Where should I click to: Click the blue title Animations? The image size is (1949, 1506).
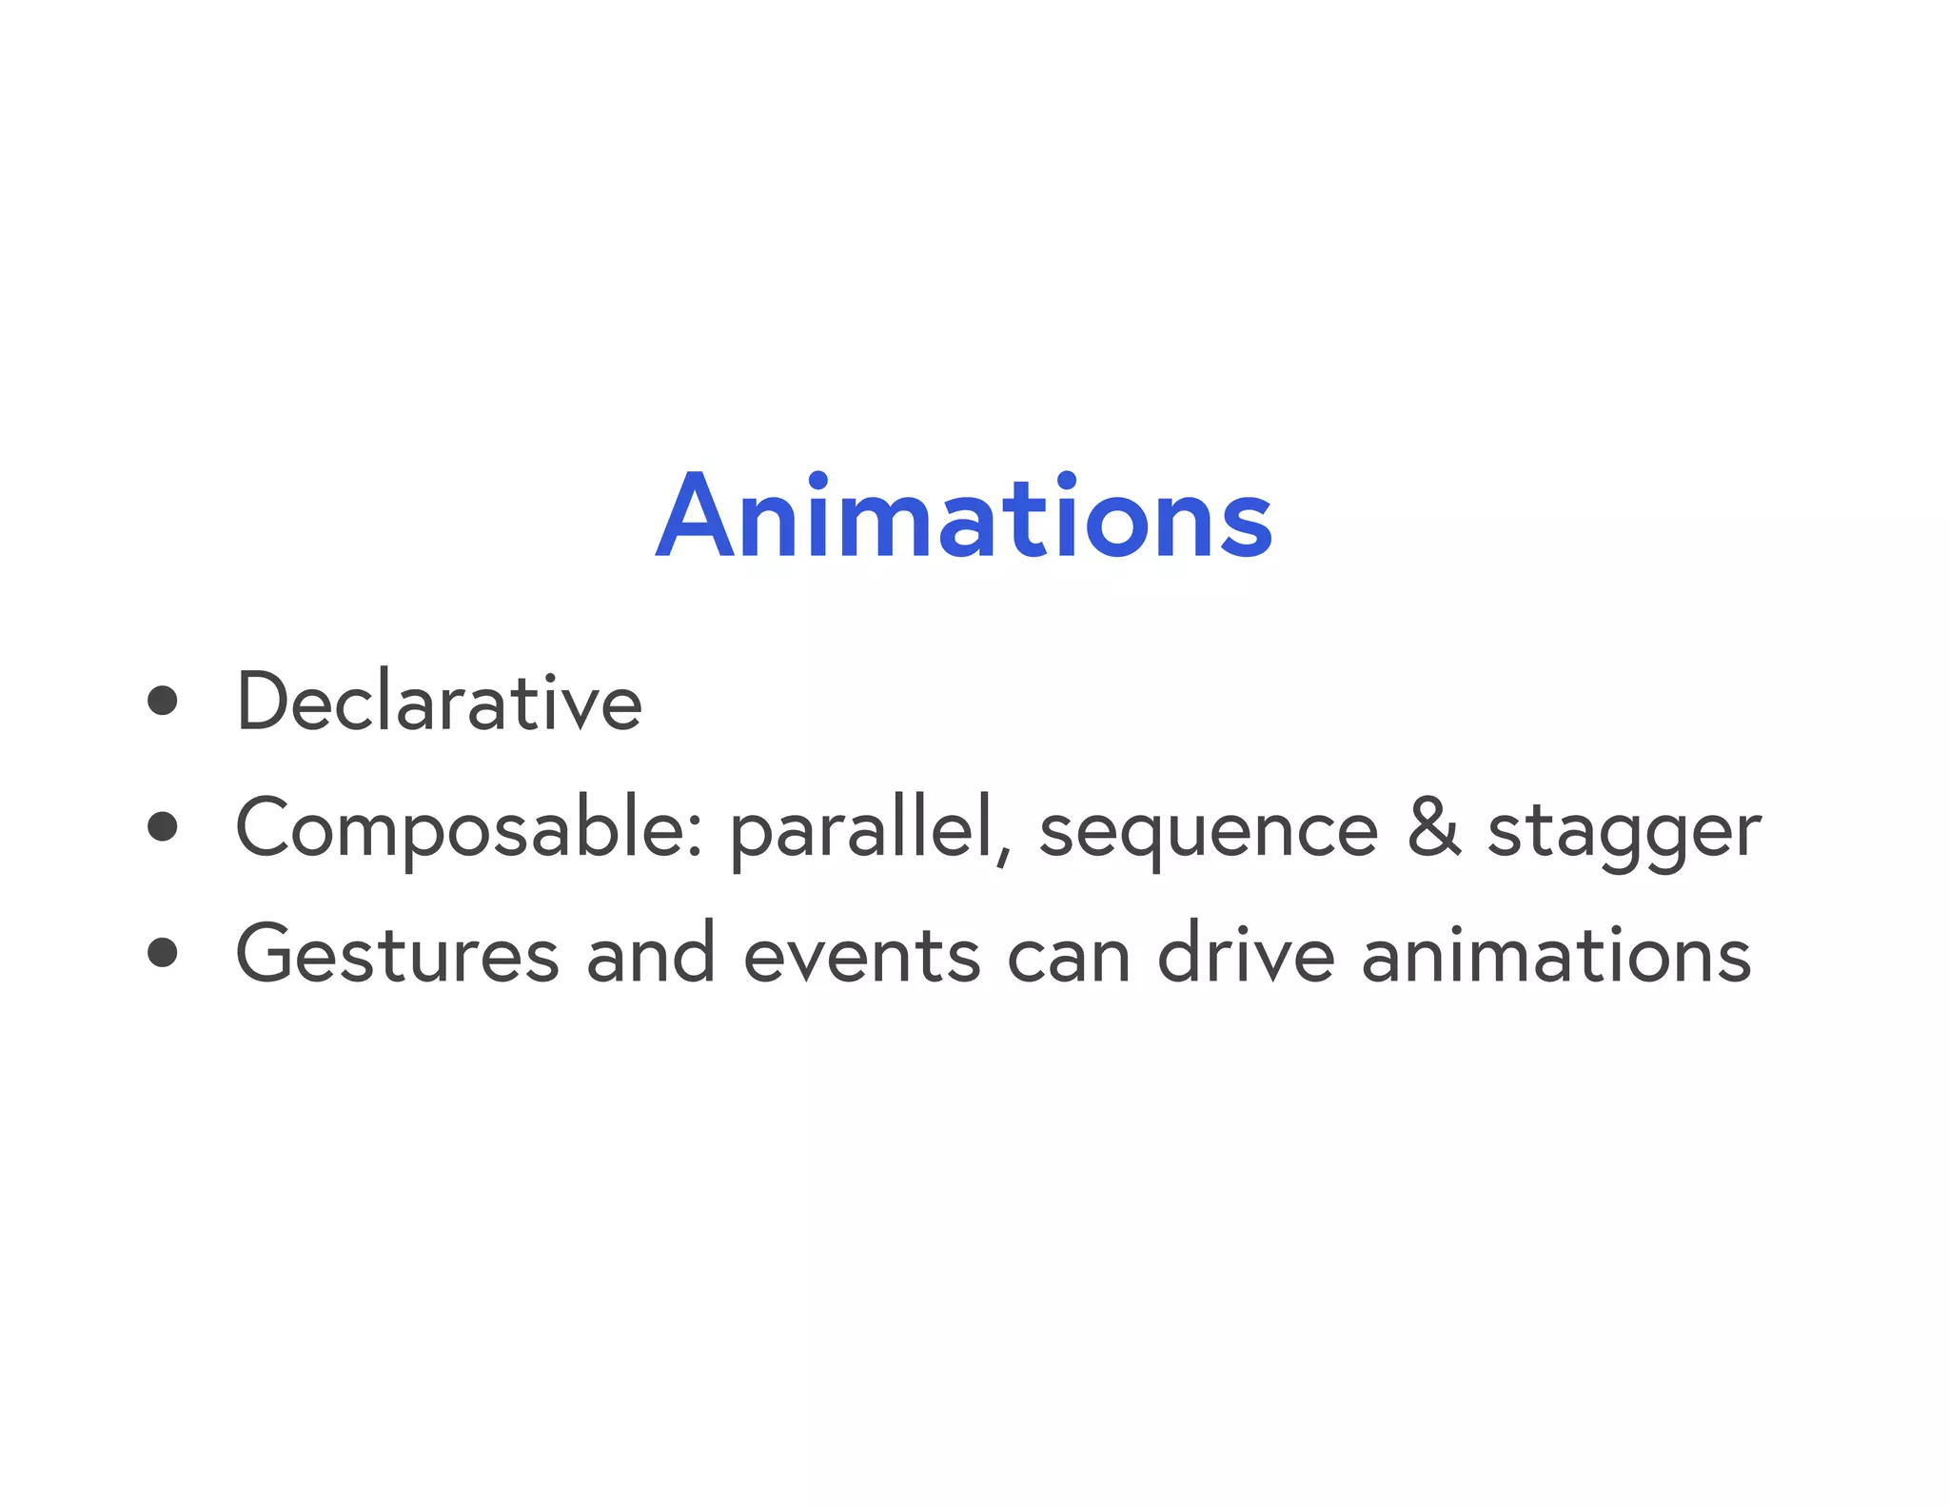tap(964, 516)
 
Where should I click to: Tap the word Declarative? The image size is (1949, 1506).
tap(439, 702)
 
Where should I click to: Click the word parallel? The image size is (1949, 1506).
tap(862, 828)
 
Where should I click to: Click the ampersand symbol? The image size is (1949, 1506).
tap(1434, 827)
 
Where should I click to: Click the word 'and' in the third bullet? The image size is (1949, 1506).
tap(651, 953)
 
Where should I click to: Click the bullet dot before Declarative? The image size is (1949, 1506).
tap(163, 701)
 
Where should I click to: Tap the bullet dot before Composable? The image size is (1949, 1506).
tap(163, 827)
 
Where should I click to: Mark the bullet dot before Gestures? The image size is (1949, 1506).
tap(163, 952)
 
